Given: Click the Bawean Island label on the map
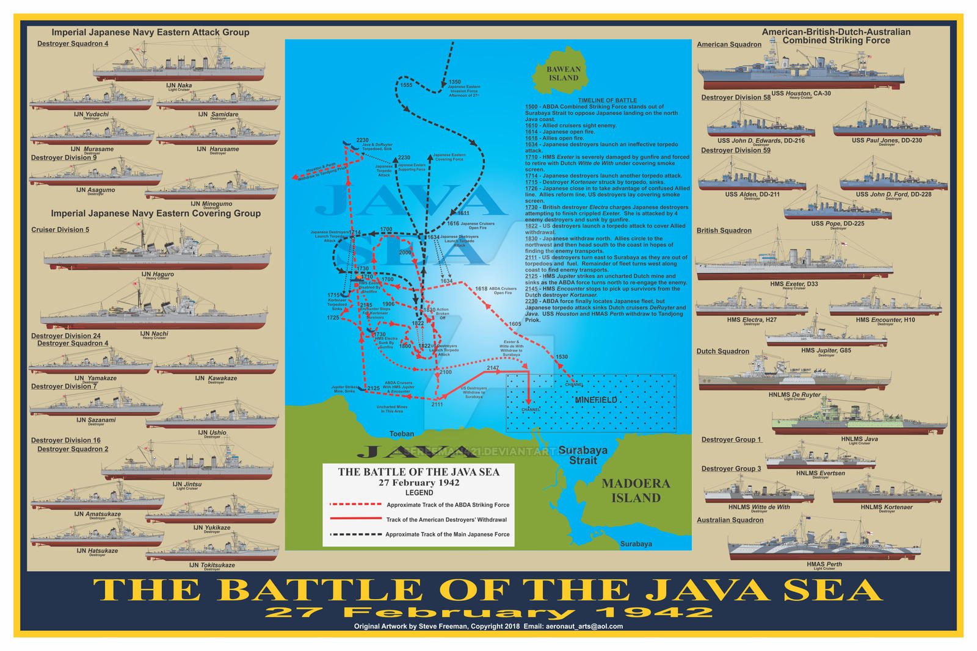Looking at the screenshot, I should [563, 74].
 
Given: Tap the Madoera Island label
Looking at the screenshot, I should [636, 491].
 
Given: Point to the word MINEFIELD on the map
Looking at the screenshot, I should [596, 400].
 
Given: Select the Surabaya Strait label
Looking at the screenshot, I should [583, 455].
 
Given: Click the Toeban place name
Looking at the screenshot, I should [402, 434].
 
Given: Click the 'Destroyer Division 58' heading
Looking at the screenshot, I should [735, 98].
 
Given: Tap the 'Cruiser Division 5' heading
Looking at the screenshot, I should [60, 230].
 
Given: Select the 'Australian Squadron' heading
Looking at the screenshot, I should [730, 520].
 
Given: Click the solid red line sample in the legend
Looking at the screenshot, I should [355, 519].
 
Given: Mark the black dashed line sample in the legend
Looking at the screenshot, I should [355, 534].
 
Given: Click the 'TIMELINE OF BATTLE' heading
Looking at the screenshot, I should [607, 100].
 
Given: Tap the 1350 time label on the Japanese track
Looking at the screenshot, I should [454, 82].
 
